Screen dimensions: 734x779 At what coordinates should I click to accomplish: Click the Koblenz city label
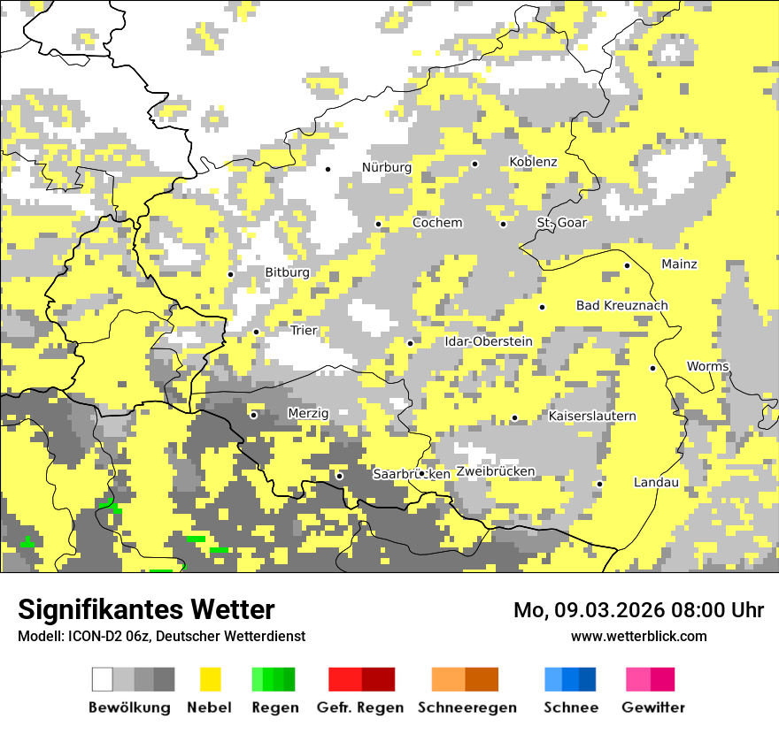(x=533, y=162)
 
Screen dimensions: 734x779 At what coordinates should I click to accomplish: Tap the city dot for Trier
(x=257, y=332)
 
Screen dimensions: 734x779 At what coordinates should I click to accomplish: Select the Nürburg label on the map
(x=387, y=167)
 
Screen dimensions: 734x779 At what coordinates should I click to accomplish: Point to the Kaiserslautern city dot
(x=514, y=417)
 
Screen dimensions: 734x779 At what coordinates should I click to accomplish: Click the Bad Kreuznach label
(x=621, y=306)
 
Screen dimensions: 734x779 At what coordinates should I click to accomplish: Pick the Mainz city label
(x=679, y=264)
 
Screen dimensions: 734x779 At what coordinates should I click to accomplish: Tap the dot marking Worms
(x=653, y=368)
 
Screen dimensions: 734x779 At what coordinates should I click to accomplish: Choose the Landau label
(x=656, y=483)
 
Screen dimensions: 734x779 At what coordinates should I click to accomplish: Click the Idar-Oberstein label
(x=488, y=341)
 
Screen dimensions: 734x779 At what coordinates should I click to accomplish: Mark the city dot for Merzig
(x=253, y=414)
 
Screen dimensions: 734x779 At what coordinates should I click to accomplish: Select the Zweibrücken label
(x=496, y=471)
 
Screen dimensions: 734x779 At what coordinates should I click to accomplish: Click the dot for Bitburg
(x=231, y=274)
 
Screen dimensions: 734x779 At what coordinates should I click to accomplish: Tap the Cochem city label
(x=437, y=223)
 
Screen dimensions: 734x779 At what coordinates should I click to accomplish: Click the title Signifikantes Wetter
(x=146, y=610)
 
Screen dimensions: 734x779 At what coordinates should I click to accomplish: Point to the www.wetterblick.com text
(x=638, y=637)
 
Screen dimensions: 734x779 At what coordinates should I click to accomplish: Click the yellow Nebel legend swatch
(x=210, y=679)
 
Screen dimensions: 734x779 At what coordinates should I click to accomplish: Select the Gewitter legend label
(x=652, y=707)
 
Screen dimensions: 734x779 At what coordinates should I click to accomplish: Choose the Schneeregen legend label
(x=467, y=707)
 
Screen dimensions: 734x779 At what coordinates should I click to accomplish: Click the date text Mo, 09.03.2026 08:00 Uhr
(x=638, y=610)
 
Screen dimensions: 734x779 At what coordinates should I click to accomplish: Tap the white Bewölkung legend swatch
(x=103, y=679)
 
